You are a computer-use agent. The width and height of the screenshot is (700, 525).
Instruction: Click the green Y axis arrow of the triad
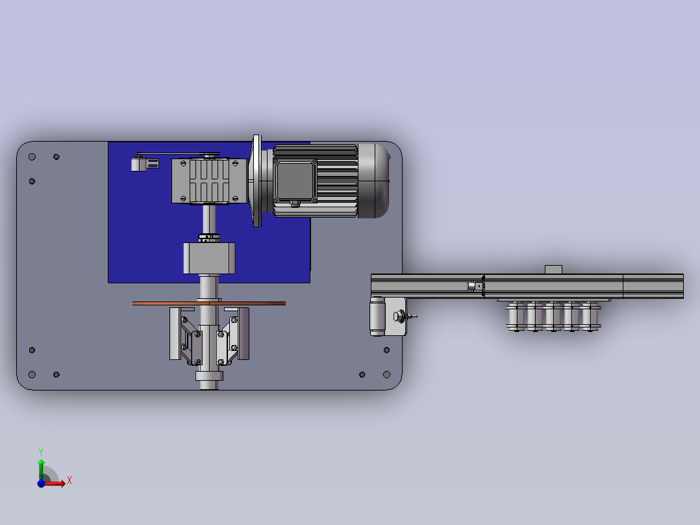click(41, 469)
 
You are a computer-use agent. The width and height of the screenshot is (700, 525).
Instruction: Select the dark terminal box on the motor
click(294, 181)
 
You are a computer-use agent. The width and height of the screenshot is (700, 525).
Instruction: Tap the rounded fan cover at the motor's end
click(373, 181)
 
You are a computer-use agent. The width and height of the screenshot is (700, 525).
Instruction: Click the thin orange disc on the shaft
click(209, 303)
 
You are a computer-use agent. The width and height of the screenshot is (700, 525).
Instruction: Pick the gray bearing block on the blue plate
click(209, 258)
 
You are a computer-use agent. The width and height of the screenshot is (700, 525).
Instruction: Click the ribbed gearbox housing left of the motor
click(209, 181)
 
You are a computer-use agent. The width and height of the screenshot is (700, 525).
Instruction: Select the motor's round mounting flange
click(256, 181)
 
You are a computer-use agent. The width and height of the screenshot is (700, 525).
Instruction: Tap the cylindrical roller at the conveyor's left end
click(377, 316)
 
